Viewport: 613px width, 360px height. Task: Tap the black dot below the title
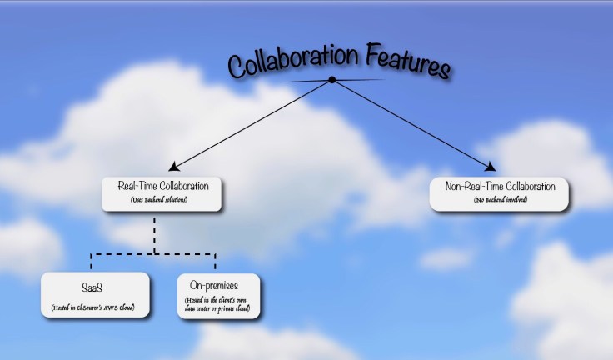point(332,80)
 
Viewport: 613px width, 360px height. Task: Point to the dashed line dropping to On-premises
point(217,261)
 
